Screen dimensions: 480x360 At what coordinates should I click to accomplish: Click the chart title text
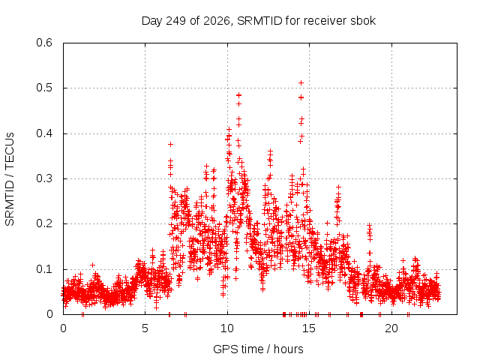tap(259, 21)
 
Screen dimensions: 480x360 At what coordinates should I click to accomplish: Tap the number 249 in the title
tap(175, 21)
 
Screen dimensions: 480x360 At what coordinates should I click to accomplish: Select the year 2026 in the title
tap(217, 21)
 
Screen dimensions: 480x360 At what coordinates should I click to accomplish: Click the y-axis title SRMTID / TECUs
tap(10, 179)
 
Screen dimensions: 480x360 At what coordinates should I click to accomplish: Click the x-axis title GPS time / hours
tap(258, 349)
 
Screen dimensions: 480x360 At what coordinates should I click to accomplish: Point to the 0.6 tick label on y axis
tap(44, 43)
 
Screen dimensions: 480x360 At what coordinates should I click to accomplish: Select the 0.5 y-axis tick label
tap(44, 88)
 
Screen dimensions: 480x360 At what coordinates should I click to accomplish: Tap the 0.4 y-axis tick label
tap(44, 133)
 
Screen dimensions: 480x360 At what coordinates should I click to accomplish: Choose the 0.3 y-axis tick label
tap(44, 178)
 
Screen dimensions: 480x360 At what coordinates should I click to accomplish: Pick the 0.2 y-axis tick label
tap(44, 223)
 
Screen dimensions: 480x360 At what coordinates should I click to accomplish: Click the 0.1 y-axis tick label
tap(44, 269)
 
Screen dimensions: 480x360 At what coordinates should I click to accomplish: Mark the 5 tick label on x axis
tap(145, 328)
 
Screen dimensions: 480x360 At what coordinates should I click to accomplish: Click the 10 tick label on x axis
tap(227, 328)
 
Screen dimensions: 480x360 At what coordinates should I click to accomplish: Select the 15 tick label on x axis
tap(309, 328)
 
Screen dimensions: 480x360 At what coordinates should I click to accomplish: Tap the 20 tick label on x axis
tap(391, 328)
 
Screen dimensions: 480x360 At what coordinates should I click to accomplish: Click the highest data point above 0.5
tap(301, 82)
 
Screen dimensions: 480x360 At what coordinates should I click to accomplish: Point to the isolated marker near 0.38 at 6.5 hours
tap(170, 144)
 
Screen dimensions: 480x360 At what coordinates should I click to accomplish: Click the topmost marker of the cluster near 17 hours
tap(338, 187)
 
